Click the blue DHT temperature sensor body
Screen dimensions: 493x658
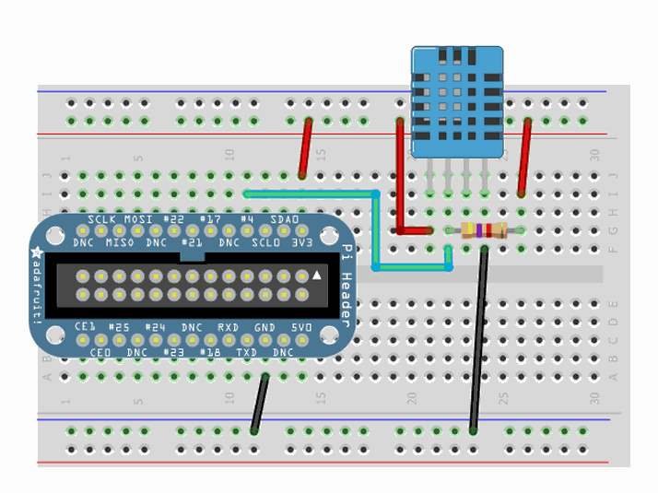pos(457,101)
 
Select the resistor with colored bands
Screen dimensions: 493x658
pos(483,230)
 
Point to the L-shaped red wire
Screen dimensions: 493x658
pos(401,184)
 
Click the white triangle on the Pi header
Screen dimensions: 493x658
pos(317,275)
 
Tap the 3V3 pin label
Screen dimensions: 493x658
pos(300,242)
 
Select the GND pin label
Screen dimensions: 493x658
pos(264,328)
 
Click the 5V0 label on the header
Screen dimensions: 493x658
pos(301,328)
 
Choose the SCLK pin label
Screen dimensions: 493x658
pos(103,220)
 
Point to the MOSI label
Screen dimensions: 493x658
pos(140,220)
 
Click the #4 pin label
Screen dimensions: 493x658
pos(246,220)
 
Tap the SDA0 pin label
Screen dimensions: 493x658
pos(284,220)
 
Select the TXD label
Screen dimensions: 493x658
pos(246,352)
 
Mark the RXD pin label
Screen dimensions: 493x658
pos(228,328)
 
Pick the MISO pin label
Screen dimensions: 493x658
pos(120,242)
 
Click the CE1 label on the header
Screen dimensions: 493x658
pos(85,328)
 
